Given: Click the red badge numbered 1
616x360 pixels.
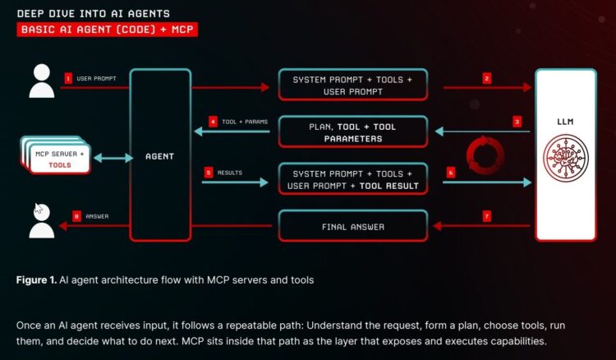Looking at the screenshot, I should click(68, 78).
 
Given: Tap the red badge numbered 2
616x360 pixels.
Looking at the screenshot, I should click(487, 78).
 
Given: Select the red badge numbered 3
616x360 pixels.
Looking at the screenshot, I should click(517, 122).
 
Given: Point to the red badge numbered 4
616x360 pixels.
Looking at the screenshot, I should click(213, 122).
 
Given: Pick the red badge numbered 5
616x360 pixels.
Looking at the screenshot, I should click(209, 173).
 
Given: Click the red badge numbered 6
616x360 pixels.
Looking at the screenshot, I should click(450, 173).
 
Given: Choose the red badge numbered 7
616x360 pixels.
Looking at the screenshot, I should click(487, 216).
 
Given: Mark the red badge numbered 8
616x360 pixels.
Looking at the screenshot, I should click(76, 216).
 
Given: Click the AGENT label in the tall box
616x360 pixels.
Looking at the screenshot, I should click(160, 155).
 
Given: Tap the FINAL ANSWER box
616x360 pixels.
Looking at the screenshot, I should click(353, 226).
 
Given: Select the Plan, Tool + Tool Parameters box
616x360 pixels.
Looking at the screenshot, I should click(353, 132).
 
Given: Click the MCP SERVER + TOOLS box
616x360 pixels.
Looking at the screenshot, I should click(55, 158).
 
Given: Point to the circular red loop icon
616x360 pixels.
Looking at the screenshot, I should click(485, 155).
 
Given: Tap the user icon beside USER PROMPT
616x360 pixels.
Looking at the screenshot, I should click(40, 81).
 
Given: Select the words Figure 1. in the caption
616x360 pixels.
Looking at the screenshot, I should click(37, 280).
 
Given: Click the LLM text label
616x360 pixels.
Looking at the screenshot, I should click(565, 122).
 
